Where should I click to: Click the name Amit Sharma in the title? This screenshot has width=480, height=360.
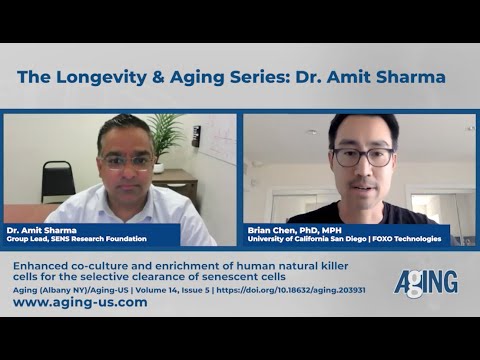(394, 77)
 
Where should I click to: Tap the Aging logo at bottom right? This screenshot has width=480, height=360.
(425, 283)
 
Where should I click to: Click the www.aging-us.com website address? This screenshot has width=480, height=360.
(80, 302)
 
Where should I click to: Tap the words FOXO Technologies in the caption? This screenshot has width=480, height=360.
(410, 238)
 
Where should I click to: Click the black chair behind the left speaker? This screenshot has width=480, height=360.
(57, 181)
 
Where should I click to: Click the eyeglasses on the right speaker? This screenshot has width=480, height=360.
(363, 156)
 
